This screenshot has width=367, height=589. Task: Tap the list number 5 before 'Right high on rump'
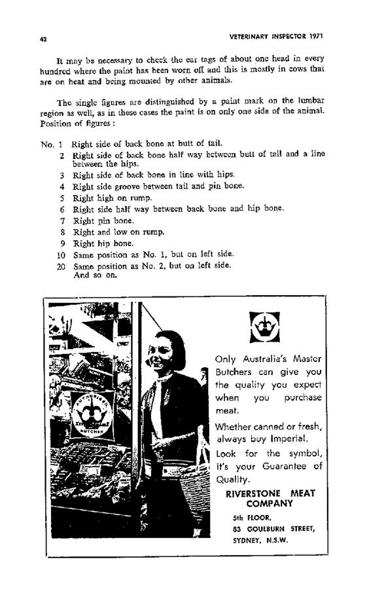coord(60,198)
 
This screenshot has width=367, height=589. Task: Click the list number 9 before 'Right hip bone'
coord(60,243)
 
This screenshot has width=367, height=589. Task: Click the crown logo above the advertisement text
coord(265,327)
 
